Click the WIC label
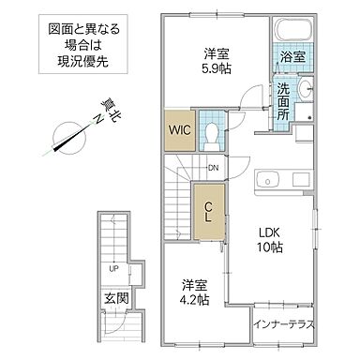(181, 130)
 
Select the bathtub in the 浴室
(290, 35)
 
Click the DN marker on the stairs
(214, 168)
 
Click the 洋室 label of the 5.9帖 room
(210, 53)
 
